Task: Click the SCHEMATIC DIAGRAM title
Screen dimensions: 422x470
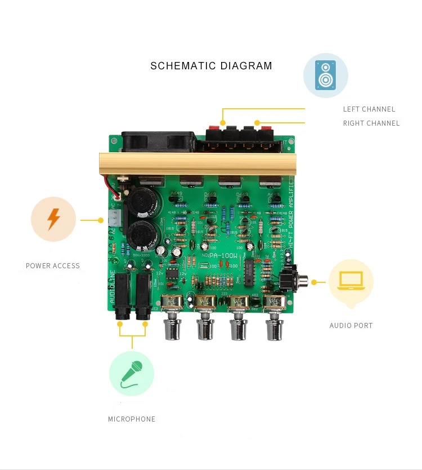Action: (211, 66)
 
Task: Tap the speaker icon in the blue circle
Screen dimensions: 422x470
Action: (325, 75)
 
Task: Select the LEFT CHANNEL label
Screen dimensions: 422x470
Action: (369, 109)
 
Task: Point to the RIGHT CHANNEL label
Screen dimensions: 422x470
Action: (371, 123)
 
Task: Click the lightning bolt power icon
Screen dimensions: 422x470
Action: (53, 219)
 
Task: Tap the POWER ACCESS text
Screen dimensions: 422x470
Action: (53, 266)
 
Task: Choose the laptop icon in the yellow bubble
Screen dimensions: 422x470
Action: (351, 281)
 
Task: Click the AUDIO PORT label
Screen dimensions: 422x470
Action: (351, 326)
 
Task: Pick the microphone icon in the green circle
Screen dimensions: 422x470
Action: (131, 373)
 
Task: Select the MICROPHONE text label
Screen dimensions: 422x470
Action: (132, 419)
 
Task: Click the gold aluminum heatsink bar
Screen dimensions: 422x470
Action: (197, 163)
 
